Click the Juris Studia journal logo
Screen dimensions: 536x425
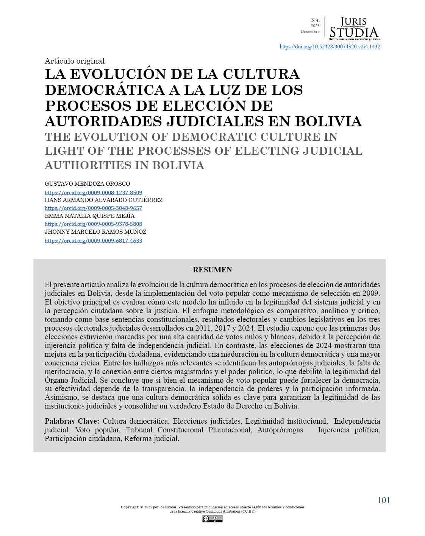point(354,29)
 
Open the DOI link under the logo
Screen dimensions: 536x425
point(330,47)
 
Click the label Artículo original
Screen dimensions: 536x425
point(75,61)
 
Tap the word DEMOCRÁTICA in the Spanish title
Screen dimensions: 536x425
point(105,90)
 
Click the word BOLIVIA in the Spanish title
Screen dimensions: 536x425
point(328,121)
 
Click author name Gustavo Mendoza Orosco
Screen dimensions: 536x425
point(87,184)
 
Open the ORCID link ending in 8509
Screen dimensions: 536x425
point(93,193)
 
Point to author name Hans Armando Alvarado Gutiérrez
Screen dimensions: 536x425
point(103,200)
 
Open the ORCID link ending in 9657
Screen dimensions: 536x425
point(93,208)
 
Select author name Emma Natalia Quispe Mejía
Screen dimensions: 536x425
point(90,216)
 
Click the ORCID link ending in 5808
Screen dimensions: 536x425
point(93,224)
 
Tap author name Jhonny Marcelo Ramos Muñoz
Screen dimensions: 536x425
point(95,232)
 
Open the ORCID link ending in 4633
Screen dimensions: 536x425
point(93,241)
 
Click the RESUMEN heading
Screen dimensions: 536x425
point(212,270)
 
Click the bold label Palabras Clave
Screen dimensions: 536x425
point(72,421)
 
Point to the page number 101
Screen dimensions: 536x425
point(383,500)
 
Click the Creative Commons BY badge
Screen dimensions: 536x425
point(212,519)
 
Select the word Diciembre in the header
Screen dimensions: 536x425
point(310,32)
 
